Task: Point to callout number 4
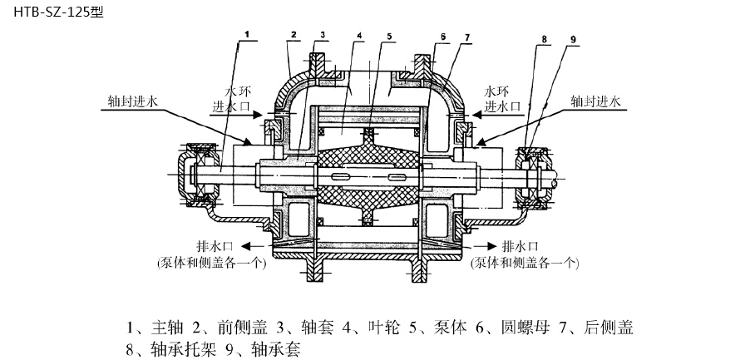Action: [358, 37]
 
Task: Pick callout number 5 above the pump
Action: [388, 37]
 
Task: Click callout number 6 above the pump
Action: [444, 37]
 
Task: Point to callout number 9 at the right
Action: [574, 38]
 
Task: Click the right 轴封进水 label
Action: [595, 100]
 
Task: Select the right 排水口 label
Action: [521, 247]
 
